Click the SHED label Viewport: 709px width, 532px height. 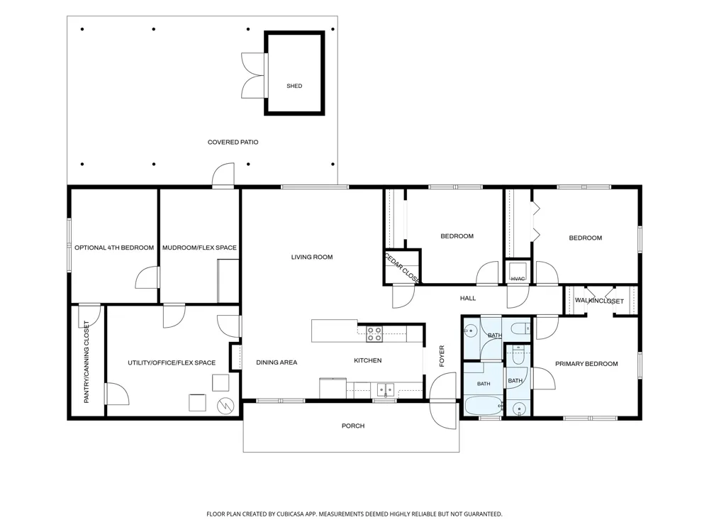click(x=294, y=86)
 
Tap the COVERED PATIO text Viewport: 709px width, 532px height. click(x=233, y=142)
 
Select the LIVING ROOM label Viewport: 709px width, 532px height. click(x=312, y=257)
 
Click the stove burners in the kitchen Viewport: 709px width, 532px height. click(x=374, y=334)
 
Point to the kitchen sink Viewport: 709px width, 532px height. click(x=385, y=389)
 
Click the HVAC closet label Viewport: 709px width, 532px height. click(x=518, y=279)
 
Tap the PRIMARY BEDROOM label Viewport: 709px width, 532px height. click(x=586, y=364)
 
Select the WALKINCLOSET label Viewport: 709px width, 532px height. click(x=599, y=301)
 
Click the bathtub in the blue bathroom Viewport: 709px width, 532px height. click(x=484, y=406)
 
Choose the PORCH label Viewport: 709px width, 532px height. click(x=353, y=426)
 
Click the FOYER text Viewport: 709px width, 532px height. click(x=442, y=356)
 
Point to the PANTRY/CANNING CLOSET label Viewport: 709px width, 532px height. click(x=86, y=362)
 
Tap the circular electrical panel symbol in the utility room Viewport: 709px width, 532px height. click(x=225, y=406)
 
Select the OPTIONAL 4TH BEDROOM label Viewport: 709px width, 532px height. click(x=114, y=248)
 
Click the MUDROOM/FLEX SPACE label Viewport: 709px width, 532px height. click(x=199, y=248)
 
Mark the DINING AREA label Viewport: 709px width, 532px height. click(x=277, y=362)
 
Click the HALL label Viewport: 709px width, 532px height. click(x=468, y=298)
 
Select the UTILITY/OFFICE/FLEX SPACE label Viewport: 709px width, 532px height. click(x=172, y=362)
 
